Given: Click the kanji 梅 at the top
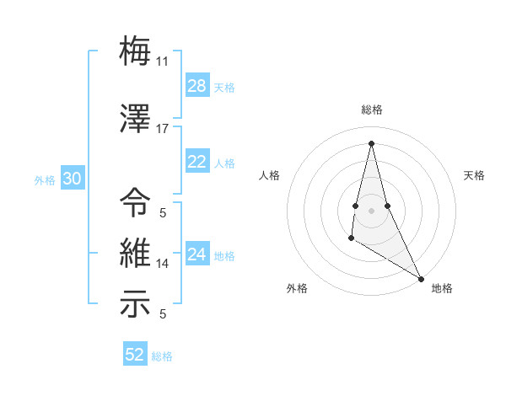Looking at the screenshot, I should click(x=136, y=50).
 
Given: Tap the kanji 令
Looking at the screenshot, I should click(x=136, y=202).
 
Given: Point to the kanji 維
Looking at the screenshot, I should click(x=136, y=253).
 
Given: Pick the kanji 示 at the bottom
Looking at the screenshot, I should click(x=136, y=304).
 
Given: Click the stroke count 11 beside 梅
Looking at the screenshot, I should click(x=162, y=61).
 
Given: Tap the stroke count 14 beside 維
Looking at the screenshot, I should click(x=163, y=264).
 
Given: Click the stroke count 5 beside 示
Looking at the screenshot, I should click(x=163, y=314).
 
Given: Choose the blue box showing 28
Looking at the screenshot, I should click(x=197, y=86).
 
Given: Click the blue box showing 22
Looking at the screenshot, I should click(x=197, y=162).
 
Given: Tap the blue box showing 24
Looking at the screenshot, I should click(x=197, y=254).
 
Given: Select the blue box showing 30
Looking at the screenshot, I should click(x=73, y=179).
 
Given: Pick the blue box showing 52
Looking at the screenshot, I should click(x=135, y=355).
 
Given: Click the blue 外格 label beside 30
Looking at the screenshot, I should click(x=45, y=179).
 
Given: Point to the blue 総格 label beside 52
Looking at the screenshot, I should click(x=162, y=356).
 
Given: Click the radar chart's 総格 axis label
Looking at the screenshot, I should click(x=371, y=110).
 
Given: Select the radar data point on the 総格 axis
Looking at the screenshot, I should click(x=371, y=143).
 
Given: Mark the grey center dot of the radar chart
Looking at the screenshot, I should click(x=371, y=209).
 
